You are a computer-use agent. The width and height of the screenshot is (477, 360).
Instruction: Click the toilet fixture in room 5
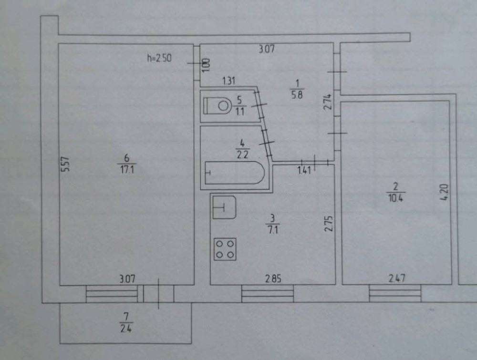[218, 105]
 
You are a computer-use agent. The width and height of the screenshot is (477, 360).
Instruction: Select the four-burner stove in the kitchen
[225, 249]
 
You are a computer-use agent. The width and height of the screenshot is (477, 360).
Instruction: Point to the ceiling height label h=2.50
[159, 59]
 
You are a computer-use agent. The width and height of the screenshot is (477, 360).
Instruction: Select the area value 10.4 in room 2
[395, 198]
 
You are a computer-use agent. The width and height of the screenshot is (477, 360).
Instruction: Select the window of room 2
[395, 293]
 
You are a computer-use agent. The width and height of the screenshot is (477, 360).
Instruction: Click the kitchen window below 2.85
[267, 293]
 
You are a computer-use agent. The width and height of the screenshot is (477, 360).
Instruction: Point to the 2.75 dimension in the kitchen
[327, 224]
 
